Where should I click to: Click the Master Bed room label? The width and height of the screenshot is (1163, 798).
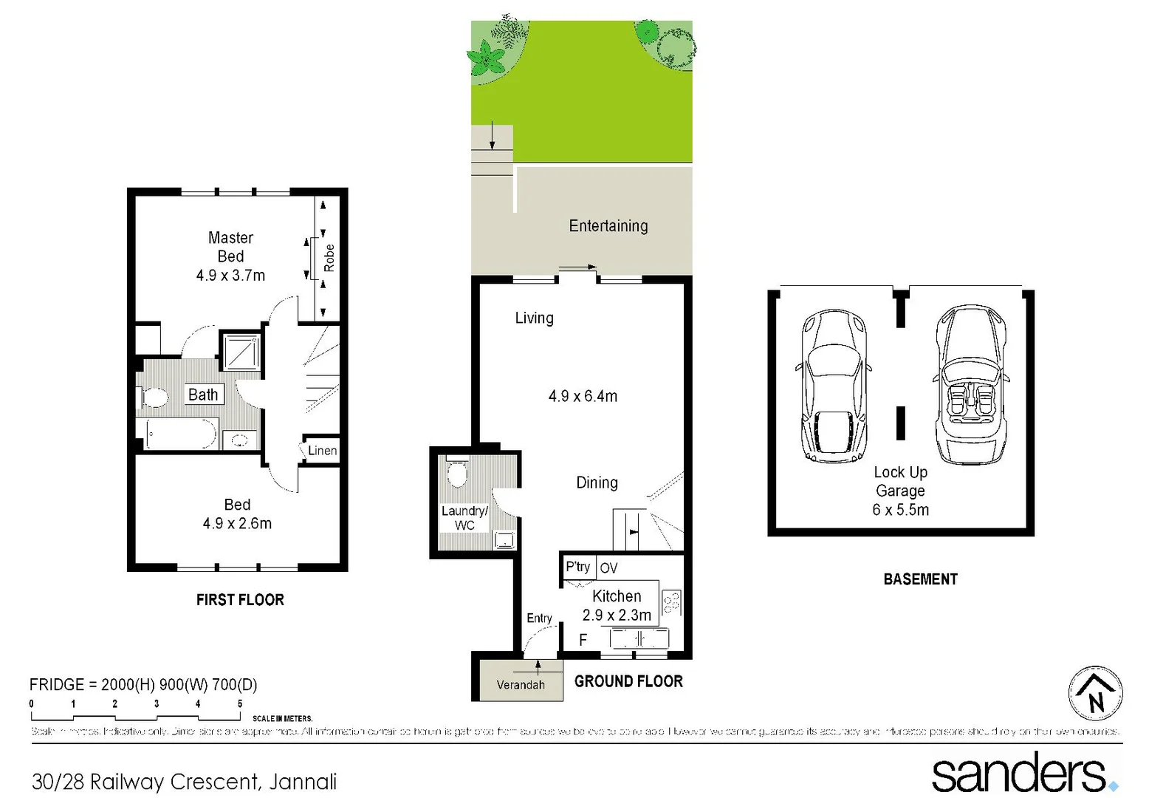coord(230,247)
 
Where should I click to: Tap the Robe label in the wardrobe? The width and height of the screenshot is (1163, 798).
coord(329,258)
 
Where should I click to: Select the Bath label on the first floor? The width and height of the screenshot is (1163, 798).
coord(203,395)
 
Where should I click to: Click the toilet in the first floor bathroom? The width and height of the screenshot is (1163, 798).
coord(153,398)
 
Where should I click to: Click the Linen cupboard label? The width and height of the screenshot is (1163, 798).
coord(322,451)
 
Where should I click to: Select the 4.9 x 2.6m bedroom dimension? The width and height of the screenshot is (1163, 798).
coord(237,523)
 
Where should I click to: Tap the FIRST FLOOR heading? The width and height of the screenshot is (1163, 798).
coord(240,600)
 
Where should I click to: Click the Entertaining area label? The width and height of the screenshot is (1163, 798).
coord(608,226)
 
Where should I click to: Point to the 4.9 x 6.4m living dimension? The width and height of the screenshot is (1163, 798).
coord(583,396)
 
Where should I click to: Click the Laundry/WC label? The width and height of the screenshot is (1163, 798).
coord(464,517)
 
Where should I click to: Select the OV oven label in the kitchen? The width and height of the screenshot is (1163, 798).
coord(608,568)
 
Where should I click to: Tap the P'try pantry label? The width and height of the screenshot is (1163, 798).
coord(578,567)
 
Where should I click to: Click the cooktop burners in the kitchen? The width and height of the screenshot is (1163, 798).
coord(671,602)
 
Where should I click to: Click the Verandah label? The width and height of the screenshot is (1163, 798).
coord(521,685)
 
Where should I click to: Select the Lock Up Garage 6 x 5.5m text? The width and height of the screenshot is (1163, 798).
coord(900,491)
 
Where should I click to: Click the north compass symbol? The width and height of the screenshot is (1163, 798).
coord(1096,693)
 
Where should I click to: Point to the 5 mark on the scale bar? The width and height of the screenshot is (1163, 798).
coord(239,703)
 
